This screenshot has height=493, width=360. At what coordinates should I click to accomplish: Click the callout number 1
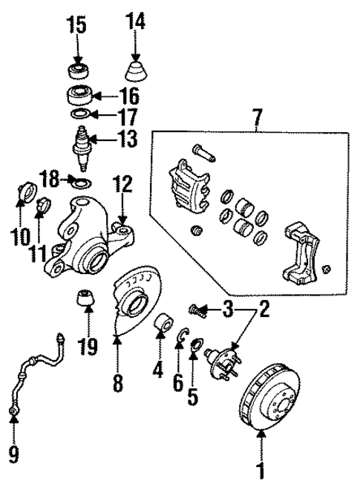[260, 470]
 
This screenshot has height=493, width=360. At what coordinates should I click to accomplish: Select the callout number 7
[257, 117]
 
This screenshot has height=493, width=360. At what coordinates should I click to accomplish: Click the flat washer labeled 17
[79, 114]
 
